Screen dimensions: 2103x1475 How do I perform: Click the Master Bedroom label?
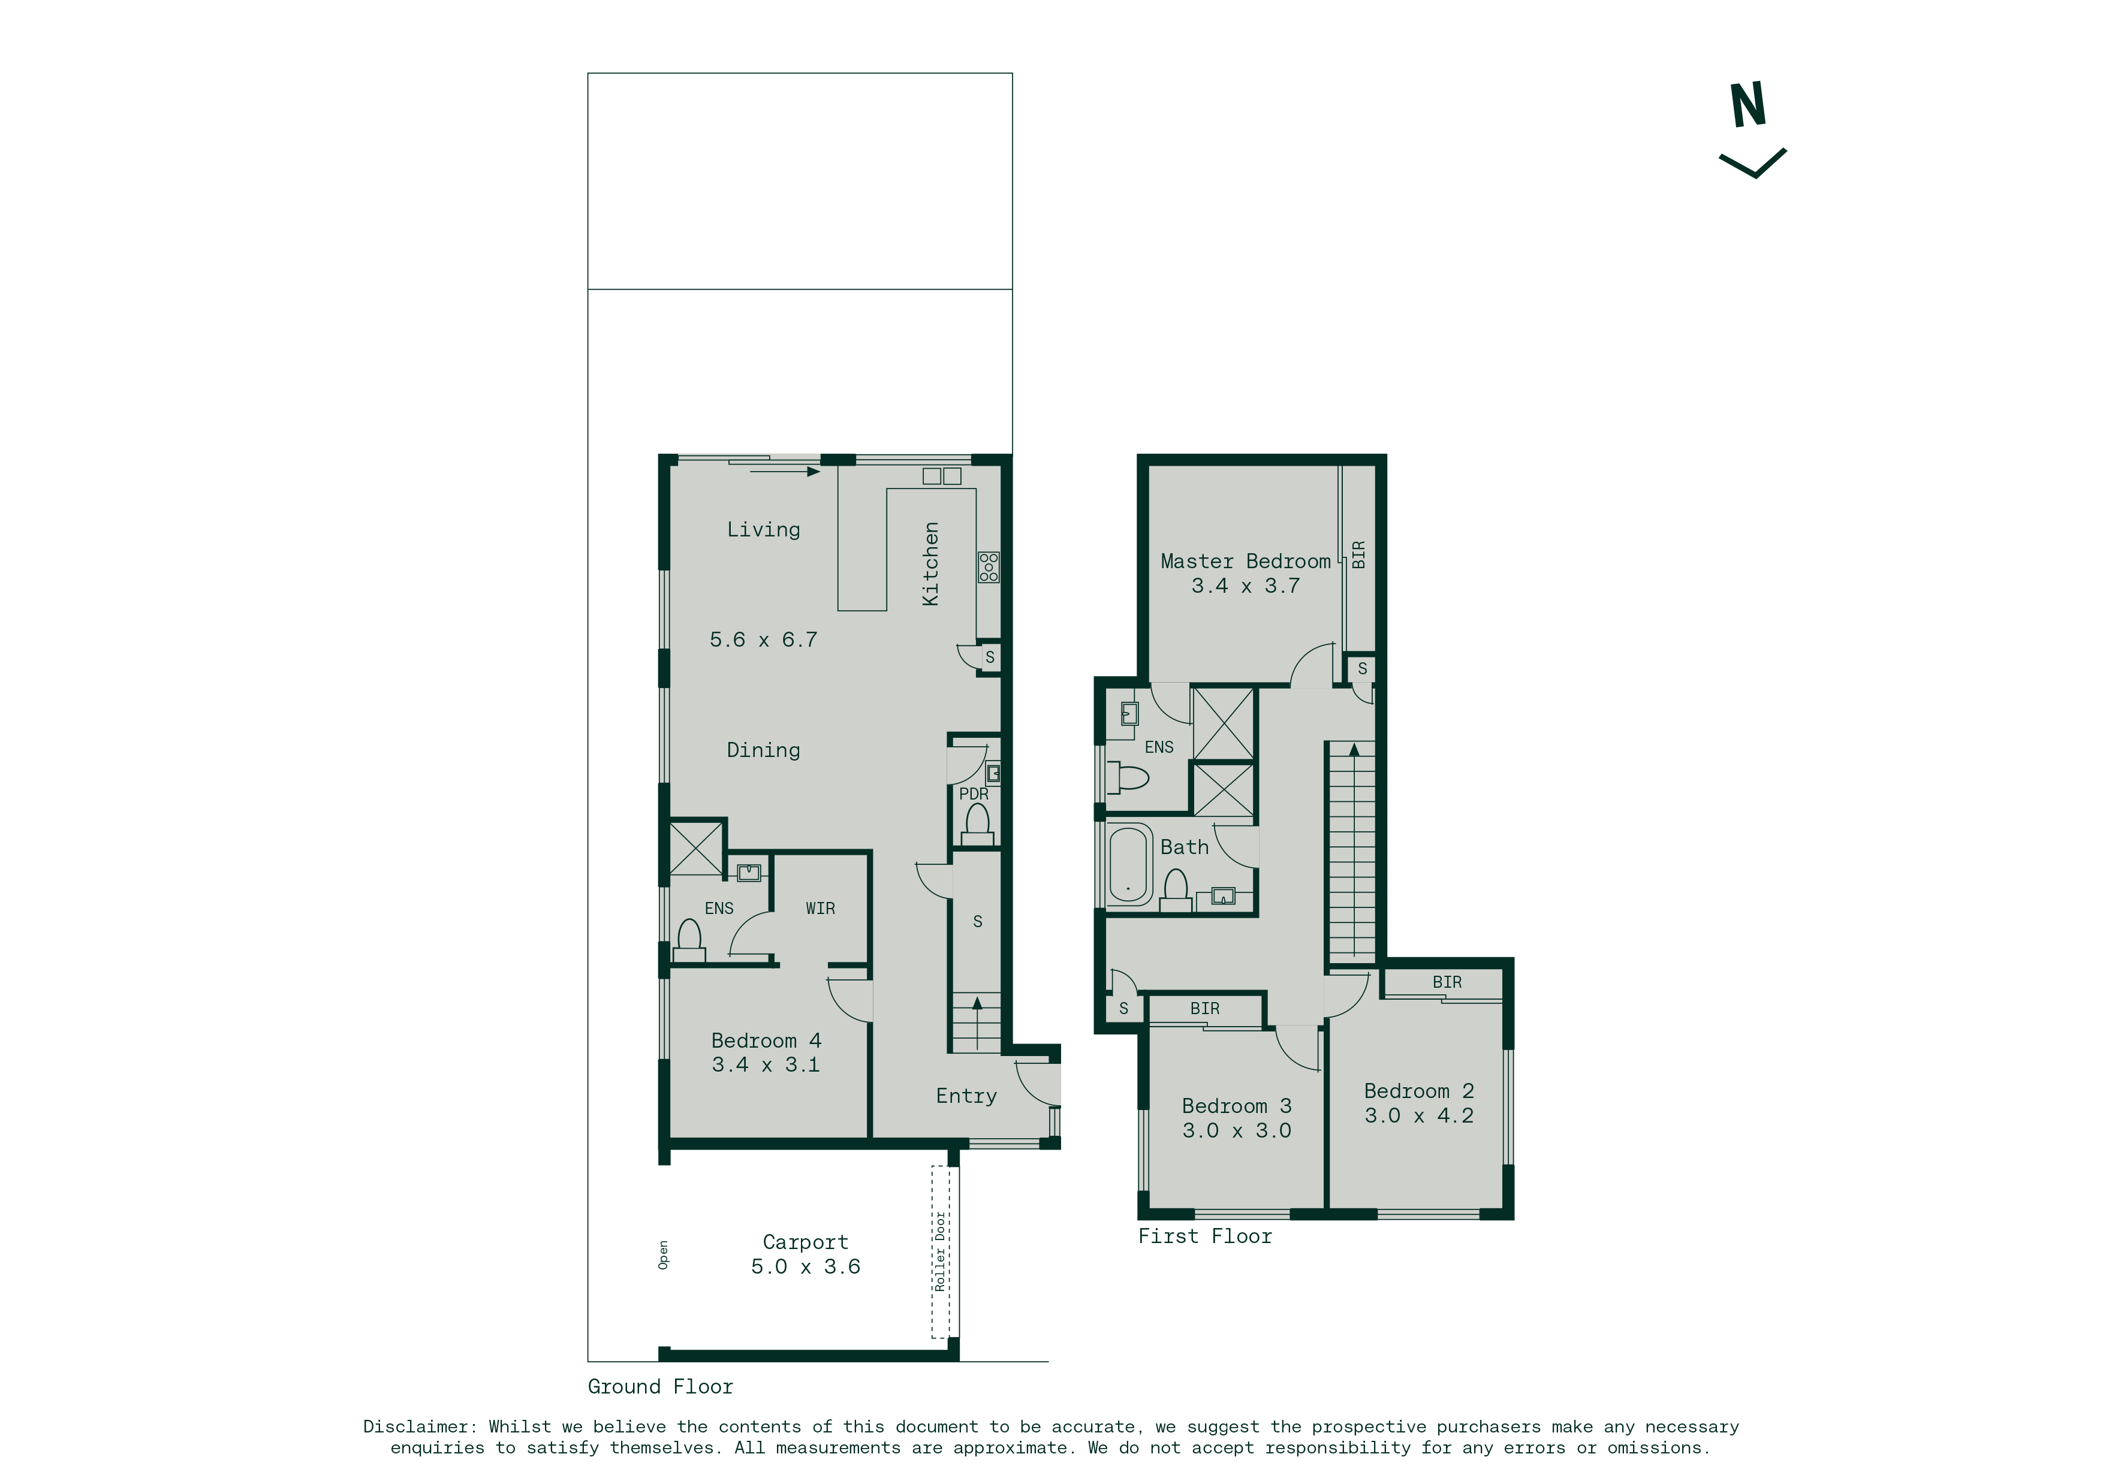click(x=1246, y=561)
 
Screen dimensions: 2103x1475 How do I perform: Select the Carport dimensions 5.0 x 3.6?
click(x=806, y=1266)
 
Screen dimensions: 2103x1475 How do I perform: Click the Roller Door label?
click(x=940, y=1251)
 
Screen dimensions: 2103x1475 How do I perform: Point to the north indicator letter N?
click(x=1748, y=105)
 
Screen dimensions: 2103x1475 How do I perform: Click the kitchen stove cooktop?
click(x=989, y=567)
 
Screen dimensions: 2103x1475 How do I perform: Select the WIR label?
click(x=821, y=908)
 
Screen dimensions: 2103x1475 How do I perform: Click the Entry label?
click(x=966, y=1096)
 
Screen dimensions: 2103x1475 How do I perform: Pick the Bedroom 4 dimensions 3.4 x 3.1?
click(x=766, y=1065)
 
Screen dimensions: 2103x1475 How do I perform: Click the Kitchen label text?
click(x=930, y=564)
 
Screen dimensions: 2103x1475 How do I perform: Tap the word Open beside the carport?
click(x=663, y=1255)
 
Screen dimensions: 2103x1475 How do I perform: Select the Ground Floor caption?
click(x=661, y=1386)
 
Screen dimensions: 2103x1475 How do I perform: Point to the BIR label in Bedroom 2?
click(x=1447, y=982)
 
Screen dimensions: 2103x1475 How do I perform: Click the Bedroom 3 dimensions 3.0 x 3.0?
click(x=1237, y=1131)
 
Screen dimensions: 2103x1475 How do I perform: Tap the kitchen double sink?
click(x=942, y=476)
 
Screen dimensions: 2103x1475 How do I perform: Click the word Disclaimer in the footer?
click(x=418, y=1426)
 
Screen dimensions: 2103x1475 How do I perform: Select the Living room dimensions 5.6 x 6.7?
click(x=764, y=640)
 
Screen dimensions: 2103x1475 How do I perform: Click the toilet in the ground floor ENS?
click(x=689, y=941)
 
